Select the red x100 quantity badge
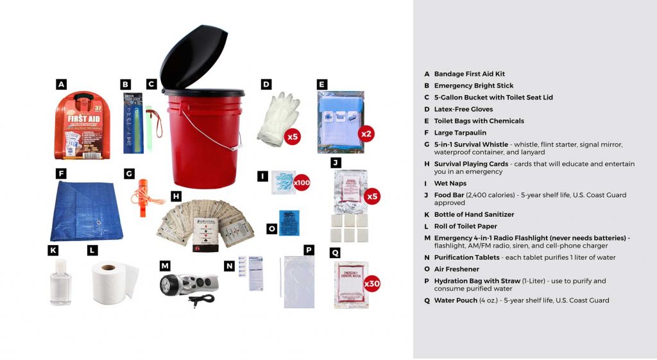pos(302,183)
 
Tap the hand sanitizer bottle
pos(61,282)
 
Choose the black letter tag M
pos(165,265)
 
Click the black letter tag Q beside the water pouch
pos(335,253)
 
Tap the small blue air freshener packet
pos(290,223)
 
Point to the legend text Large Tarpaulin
pos(460,133)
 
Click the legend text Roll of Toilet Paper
pos(465,227)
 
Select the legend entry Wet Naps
pos(450,184)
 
